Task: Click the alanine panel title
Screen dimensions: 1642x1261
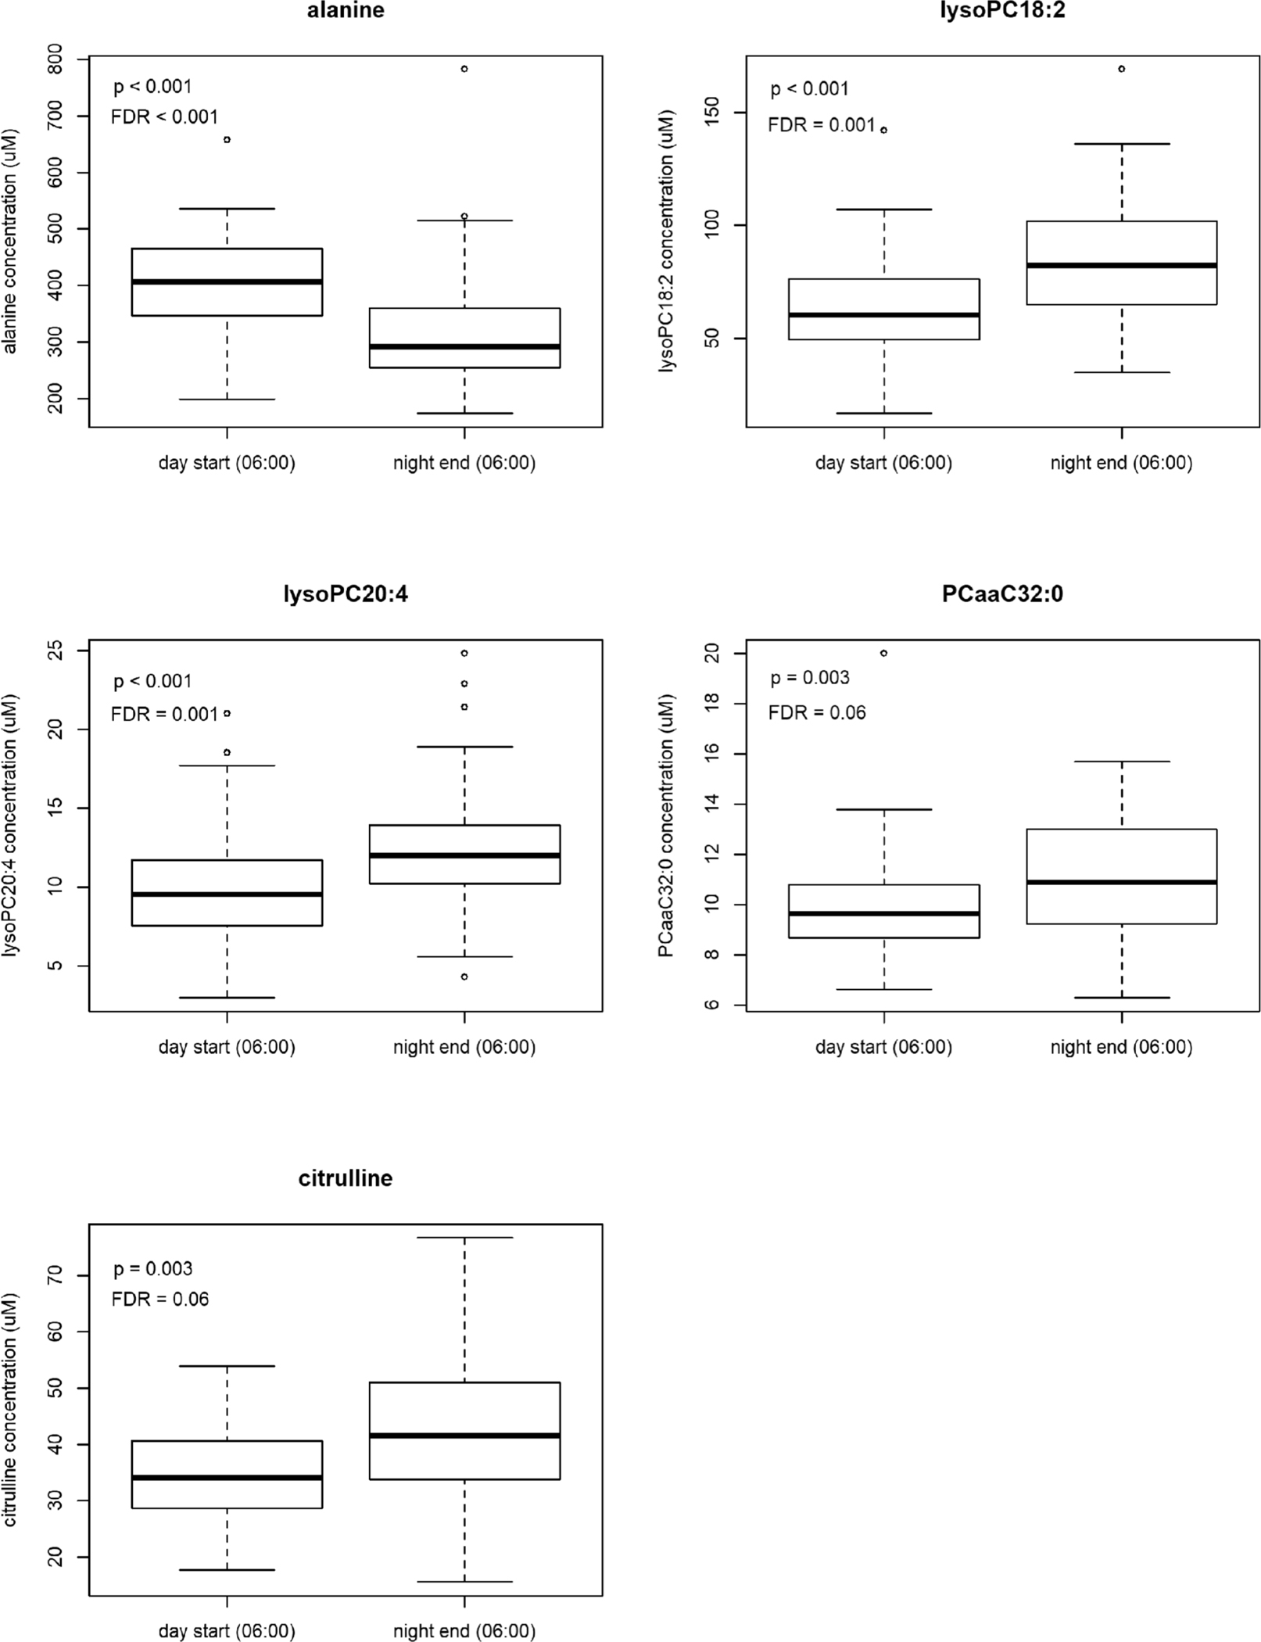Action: tap(346, 11)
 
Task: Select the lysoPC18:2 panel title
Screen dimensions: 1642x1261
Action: tap(1002, 11)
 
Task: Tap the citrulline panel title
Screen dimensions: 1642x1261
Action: tap(346, 1178)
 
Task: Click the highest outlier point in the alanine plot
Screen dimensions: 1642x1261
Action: tap(464, 69)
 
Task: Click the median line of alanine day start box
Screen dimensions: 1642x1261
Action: tap(227, 281)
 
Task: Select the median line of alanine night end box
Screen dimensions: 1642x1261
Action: tap(464, 346)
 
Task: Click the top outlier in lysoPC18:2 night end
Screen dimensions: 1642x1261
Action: tap(1121, 69)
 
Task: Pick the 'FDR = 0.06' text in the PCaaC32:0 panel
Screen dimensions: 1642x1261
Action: tap(817, 712)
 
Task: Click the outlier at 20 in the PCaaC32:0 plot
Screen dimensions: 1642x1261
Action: tap(884, 653)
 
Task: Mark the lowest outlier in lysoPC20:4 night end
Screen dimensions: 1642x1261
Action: tap(464, 977)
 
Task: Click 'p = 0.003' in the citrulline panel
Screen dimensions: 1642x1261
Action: tap(153, 1268)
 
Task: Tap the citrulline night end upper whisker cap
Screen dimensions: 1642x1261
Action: tap(464, 1238)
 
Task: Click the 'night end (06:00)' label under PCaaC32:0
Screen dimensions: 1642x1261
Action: tap(1121, 1047)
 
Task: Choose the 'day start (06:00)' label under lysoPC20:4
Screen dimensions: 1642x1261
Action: tap(227, 1047)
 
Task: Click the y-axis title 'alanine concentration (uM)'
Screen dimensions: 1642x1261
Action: tap(10, 241)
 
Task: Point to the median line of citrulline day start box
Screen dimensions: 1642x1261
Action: tap(227, 1478)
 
